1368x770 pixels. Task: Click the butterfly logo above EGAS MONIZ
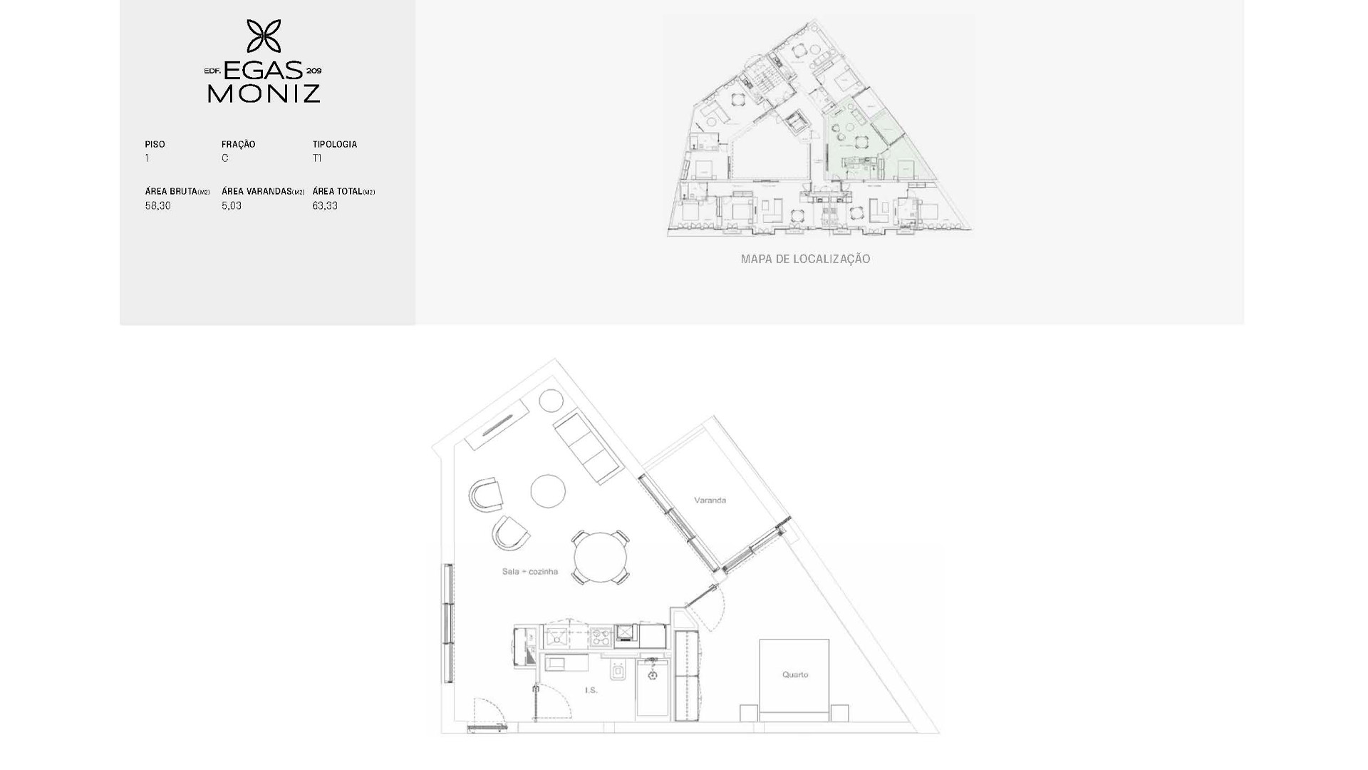tap(264, 36)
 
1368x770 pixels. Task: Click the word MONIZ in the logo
tap(264, 93)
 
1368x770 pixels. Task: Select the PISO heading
tap(155, 144)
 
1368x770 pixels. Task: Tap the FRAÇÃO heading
tap(238, 144)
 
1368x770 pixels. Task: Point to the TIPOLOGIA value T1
tap(317, 158)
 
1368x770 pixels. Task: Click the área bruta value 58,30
tap(157, 205)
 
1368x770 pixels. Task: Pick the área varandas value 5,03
tap(232, 205)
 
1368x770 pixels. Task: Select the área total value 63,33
tap(325, 205)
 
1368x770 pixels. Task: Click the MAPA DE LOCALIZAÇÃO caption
tap(805, 259)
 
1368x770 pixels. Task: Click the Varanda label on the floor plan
tap(710, 500)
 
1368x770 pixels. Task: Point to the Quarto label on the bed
tap(795, 674)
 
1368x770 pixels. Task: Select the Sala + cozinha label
tap(529, 571)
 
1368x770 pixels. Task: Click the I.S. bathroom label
tap(591, 690)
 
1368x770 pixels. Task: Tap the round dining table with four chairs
tap(601, 558)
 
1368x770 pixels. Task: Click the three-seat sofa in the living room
tap(589, 448)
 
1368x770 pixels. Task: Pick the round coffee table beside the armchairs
tap(548, 491)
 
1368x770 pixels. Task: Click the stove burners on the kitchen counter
tap(601, 635)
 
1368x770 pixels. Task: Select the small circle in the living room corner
tap(551, 401)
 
